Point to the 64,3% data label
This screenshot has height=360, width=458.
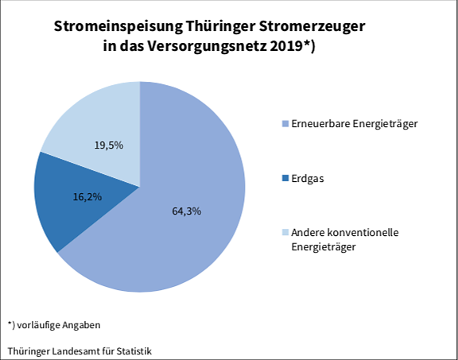tap(187, 211)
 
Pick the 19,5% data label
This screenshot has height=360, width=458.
tap(109, 145)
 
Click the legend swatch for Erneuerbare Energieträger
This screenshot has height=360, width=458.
tap(285, 124)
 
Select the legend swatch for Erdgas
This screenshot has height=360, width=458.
tap(285, 179)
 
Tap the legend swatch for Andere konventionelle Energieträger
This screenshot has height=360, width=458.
tap(285, 233)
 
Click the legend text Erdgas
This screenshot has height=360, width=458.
tap(308, 179)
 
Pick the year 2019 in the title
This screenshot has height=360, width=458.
tap(285, 46)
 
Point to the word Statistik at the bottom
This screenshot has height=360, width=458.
tap(132, 350)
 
